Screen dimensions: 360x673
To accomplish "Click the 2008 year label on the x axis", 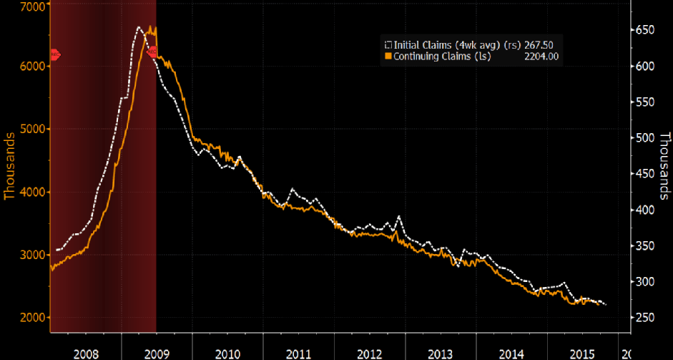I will [x=85, y=354].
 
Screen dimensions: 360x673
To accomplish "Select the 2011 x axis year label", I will [x=297, y=354].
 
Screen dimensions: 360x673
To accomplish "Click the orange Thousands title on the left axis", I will [x=10, y=166].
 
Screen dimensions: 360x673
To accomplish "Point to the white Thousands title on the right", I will [x=664, y=166].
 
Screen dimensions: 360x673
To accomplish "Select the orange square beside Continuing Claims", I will [x=389, y=56].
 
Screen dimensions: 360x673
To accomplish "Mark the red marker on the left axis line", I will [x=54, y=55].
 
